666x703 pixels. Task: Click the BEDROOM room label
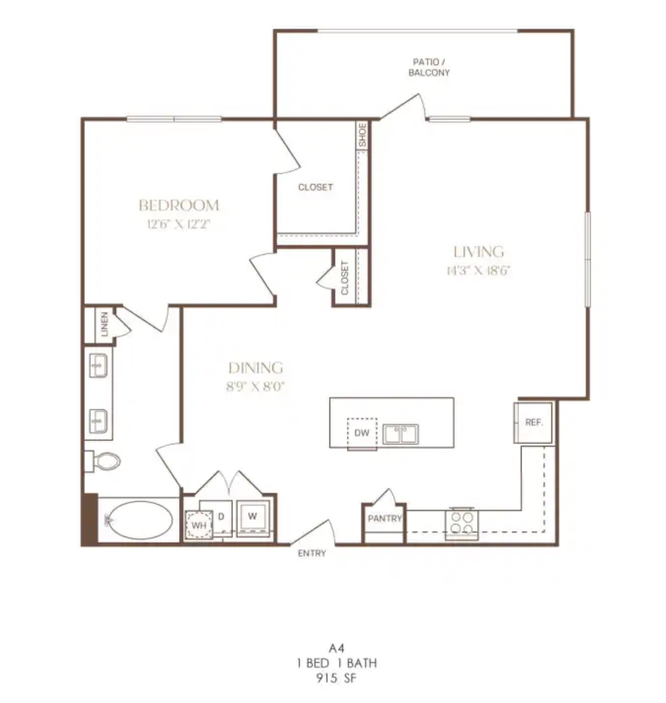tap(178, 205)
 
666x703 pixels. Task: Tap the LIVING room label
tap(479, 252)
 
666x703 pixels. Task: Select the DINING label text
tap(256, 368)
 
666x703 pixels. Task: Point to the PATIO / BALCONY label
tap(429, 67)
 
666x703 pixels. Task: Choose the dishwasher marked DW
tap(362, 433)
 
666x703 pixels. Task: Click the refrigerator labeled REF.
tap(533, 423)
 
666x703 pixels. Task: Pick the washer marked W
tap(253, 517)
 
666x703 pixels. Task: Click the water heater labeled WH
tap(199, 525)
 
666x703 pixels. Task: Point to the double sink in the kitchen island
tap(400, 434)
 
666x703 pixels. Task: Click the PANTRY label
tap(385, 518)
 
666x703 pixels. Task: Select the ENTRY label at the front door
tap(312, 553)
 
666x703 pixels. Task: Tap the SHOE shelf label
tap(363, 135)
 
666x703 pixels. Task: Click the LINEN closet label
tap(104, 324)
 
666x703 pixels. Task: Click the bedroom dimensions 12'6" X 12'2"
tap(178, 224)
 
